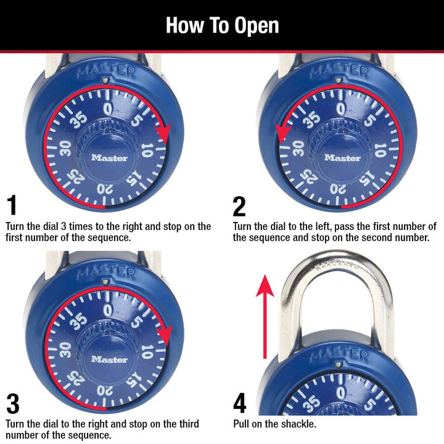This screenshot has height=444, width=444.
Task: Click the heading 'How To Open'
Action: [222, 25]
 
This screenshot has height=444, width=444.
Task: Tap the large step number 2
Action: [239, 205]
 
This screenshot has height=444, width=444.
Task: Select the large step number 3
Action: [12, 404]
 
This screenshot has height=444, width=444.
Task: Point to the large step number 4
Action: [240, 404]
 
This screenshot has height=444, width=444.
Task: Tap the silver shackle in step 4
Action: [335, 271]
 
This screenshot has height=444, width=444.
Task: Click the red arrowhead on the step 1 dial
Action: [163, 131]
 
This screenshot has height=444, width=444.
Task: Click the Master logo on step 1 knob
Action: [109, 157]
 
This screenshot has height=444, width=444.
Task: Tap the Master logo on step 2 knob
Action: [342, 157]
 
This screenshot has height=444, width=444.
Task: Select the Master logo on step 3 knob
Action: [109, 359]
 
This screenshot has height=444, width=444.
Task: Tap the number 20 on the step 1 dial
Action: [105, 189]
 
